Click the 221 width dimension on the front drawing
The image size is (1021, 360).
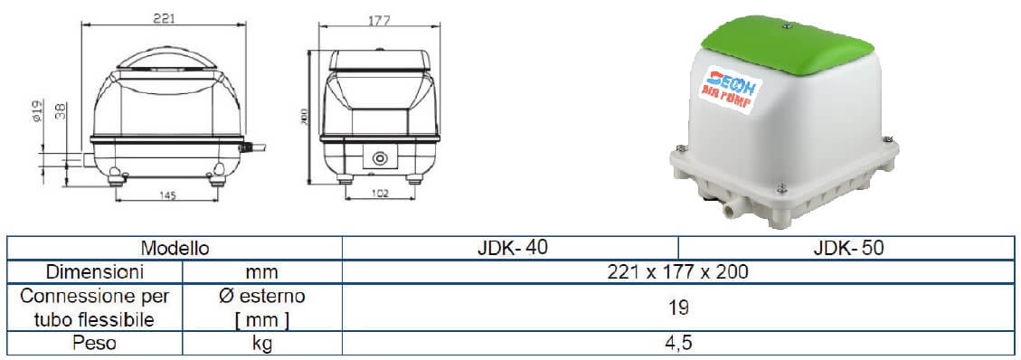(x=163, y=17)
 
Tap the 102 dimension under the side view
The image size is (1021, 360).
(x=381, y=194)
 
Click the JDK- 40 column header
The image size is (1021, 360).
(x=511, y=247)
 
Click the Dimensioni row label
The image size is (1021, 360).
(x=96, y=271)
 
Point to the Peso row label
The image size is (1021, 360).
(x=96, y=343)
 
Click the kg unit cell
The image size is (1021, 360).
(x=262, y=343)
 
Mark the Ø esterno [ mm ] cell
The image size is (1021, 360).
(x=262, y=308)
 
